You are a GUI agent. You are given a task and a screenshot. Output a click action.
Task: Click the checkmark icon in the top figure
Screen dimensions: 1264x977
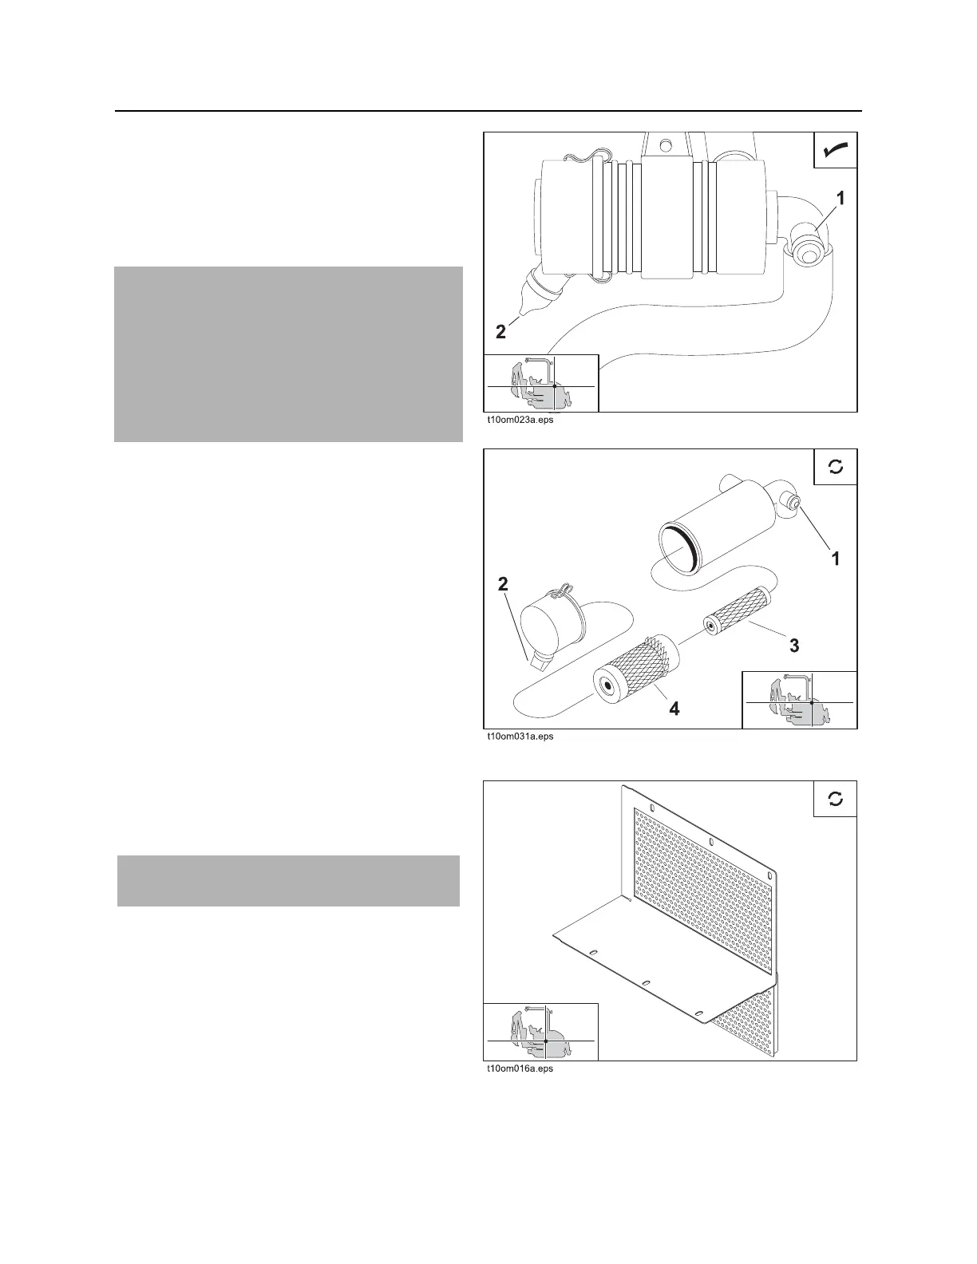(x=835, y=150)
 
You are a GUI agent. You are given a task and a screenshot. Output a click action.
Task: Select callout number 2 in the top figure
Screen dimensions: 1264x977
(x=500, y=332)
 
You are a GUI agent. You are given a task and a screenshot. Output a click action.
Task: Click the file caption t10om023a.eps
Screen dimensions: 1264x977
(x=520, y=420)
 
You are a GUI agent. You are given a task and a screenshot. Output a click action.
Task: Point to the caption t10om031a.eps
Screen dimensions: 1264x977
(x=520, y=737)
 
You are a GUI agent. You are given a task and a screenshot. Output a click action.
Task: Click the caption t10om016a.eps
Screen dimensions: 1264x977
(x=520, y=1068)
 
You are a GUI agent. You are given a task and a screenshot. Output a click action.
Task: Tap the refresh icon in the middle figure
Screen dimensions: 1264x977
(x=835, y=467)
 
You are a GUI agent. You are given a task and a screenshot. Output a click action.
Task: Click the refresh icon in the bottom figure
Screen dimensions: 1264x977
(x=835, y=799)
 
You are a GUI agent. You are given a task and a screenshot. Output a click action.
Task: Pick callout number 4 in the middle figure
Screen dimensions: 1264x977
(x=674, y=708)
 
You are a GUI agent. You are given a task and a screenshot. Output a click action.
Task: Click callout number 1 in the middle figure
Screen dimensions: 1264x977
(x=836, y=559)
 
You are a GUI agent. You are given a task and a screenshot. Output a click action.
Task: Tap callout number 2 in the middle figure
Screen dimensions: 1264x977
(x=503, y=584)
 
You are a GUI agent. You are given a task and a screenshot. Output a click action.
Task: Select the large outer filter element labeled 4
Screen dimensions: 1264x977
(x=634, y=668)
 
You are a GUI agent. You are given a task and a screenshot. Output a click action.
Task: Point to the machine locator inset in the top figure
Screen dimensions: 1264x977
(x=541, y=383)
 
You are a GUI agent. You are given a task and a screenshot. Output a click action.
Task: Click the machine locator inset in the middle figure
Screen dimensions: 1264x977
(x=799, y=700)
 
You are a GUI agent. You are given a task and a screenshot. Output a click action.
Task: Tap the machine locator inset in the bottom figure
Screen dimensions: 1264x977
(x=541, y=1032)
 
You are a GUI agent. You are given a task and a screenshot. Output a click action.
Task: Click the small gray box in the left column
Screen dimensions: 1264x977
(x=288, y=881)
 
